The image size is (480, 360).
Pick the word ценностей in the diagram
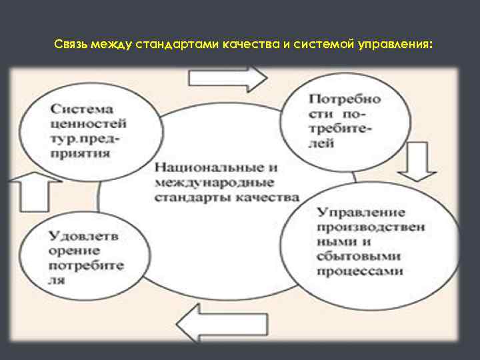tap(87, 123)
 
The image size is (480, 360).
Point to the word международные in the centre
tap(204, 183)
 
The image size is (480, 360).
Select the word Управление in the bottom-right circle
tap(361, 213)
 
